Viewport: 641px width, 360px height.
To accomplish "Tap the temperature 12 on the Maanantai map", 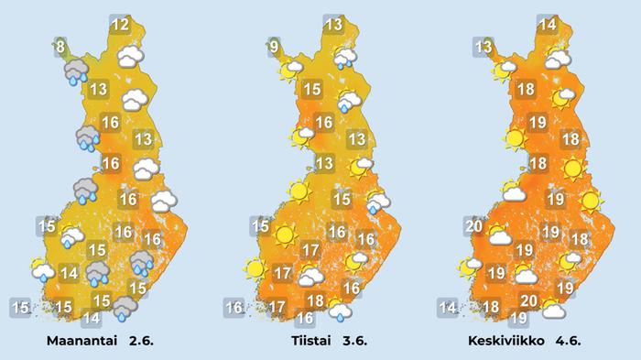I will [x=120, y=25].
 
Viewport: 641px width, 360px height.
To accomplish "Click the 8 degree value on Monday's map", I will [x=60, y=46].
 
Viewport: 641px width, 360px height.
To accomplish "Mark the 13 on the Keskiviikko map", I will [x=483, y=46].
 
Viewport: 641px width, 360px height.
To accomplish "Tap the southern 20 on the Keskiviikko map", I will [x=527, y=300].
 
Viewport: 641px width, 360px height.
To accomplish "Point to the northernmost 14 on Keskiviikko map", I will [x=548, y=25].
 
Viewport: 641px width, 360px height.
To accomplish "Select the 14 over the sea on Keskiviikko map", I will [x=447, y=308].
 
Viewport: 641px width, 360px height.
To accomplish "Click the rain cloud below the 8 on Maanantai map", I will [x=75, y=71].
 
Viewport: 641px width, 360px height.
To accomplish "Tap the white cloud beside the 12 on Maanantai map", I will [x=134, y=57].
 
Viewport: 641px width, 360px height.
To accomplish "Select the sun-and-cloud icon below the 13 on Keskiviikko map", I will [x=504, y=69].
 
